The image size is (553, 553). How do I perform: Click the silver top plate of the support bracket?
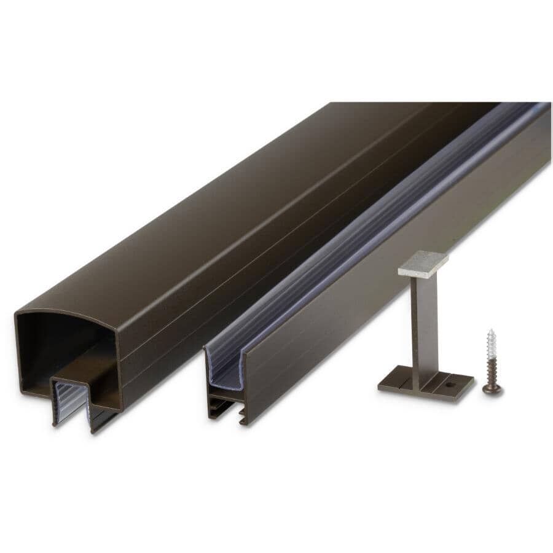point(423,263)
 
